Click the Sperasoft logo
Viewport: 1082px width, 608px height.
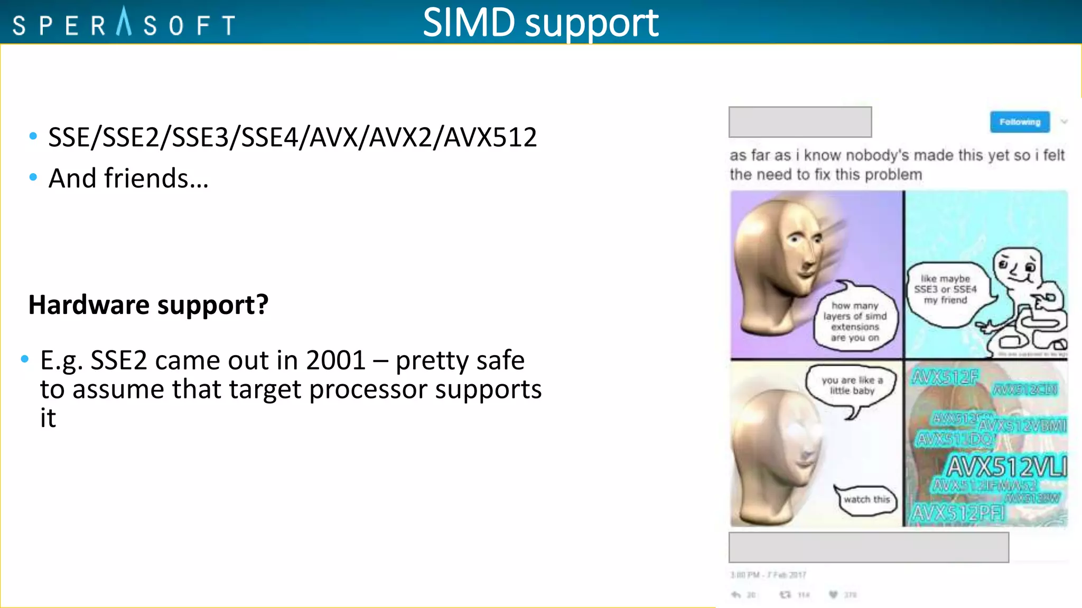tap(124, 24)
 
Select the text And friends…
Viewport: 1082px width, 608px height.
tap(128, 178)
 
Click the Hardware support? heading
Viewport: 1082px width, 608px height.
tap(148, 305)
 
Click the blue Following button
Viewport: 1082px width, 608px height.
tap(1020, 122)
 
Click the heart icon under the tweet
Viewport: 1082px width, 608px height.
tap(833, 595)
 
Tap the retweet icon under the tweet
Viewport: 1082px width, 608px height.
tap(786, 595)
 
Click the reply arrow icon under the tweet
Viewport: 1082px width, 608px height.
tap(736, 595)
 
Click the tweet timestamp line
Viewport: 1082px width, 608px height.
tap(768, 575)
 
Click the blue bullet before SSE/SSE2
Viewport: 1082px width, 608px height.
tap(33, 136)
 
